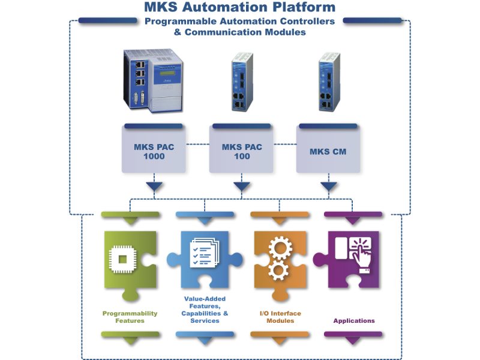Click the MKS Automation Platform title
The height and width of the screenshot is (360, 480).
point(239,8)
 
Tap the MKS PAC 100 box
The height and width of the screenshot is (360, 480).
point(241,151)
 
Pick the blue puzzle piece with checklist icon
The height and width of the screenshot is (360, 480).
point(204,258)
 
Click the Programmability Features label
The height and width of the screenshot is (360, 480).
point(130,317)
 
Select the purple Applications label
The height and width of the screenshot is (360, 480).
point(354,321)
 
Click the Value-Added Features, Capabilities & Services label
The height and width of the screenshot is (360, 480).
point(204,309)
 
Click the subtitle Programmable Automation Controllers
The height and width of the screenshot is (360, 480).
point(240,21)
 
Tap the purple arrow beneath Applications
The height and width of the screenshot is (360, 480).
point(353,341)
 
